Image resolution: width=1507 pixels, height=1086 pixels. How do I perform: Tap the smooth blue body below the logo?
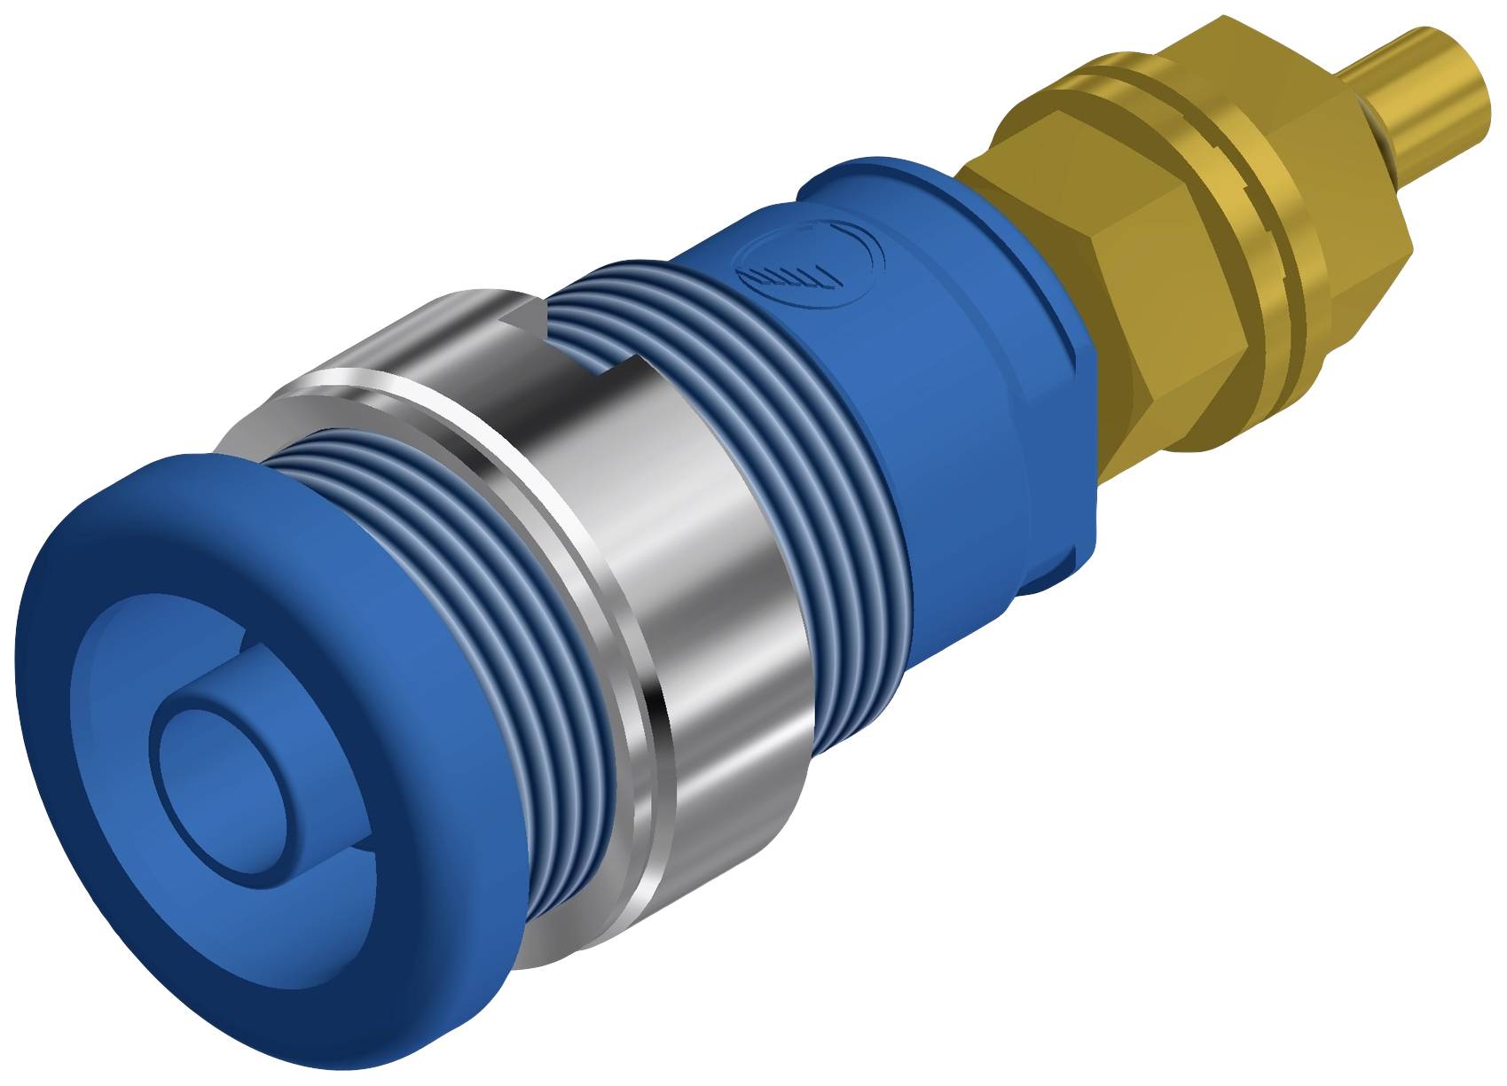click(x=958, y=461)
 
